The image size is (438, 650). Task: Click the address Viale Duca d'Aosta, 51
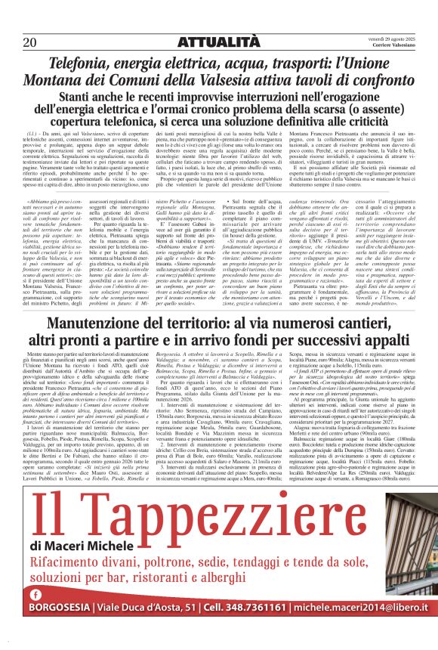click(x=144, y=628)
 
